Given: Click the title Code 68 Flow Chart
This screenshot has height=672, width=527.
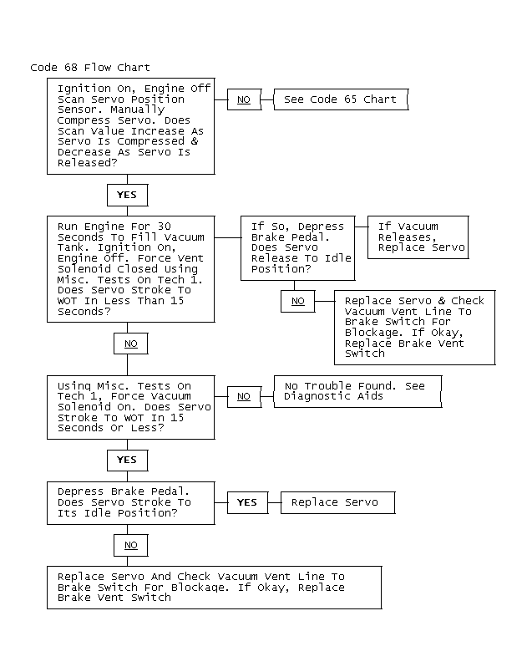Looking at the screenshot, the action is (90, 68).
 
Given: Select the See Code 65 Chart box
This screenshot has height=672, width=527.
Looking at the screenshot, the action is (341, 99).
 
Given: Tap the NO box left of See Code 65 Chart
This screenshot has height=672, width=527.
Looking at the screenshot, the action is (244, 99).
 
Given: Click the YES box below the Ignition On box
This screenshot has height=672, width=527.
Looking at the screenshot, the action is (127, 195).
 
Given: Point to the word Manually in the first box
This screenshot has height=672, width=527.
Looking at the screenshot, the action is (138, 110).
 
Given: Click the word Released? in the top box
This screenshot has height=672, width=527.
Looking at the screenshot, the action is (88, 163).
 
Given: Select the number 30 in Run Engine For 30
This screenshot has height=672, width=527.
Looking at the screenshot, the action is (165, 227).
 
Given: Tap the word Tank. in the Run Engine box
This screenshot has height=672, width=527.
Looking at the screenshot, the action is (73, 247).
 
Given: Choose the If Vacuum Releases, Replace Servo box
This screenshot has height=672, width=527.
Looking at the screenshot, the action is (418, 237).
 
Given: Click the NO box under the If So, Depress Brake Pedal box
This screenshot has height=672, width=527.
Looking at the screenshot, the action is (298, 301).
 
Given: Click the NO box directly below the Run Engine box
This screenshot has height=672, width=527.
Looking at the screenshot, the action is (131, 344).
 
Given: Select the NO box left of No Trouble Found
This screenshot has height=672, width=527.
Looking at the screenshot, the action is (244, 396).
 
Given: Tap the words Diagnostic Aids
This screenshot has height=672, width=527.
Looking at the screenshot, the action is (333, 396).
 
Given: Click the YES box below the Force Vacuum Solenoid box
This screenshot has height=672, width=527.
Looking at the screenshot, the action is (127, 461).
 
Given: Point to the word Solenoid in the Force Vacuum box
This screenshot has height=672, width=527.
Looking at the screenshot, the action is (84, 407).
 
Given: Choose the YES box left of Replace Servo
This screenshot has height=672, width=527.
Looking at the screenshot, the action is (247, 502).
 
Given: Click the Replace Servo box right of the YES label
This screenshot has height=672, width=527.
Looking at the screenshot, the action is (337, 502).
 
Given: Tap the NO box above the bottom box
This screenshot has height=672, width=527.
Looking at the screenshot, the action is (131, 545).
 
